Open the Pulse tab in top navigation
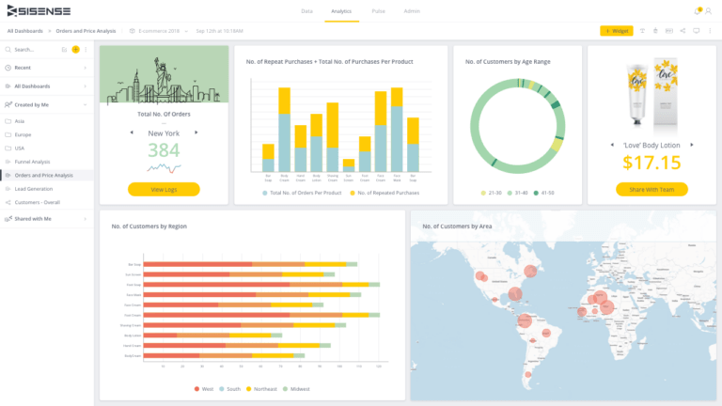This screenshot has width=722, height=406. tap(378, 11)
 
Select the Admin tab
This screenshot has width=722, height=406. tap(412, 11)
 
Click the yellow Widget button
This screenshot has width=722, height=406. tap(617, 31)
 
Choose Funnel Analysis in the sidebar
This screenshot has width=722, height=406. tap(33, 162)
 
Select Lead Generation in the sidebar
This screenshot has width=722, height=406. tap(34, 189)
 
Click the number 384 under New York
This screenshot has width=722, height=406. tap(164, 150)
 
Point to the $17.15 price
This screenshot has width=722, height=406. tap(651, 163)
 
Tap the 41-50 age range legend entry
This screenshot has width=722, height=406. tap(546, 193)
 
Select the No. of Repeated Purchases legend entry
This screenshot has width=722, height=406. tap(385, 193)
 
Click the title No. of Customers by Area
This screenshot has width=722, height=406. tap(459, 226)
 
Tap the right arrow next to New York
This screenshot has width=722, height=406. tap(196, 133)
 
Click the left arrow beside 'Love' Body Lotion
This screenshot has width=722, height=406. tap(612, 145)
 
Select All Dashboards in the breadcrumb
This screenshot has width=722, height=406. tap(24, 31)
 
